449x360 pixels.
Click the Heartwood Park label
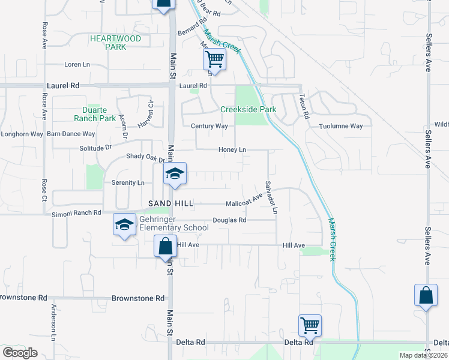(115, 42)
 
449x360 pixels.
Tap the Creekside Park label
(248, 110)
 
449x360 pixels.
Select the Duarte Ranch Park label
(99, 114)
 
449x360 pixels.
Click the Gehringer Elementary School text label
(173, 223)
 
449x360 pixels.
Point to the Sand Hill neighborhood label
(171, 204)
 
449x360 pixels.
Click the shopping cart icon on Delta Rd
(310, 325)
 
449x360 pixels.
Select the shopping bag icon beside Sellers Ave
(426, 295)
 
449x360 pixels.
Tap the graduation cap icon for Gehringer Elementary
(124, 226)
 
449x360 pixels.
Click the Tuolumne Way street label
(341, 126)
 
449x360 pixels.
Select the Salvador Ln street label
(271, 197)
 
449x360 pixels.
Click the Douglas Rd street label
(229, 220)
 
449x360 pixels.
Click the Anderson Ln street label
(53, 318)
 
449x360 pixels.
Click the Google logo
(20, 353)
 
